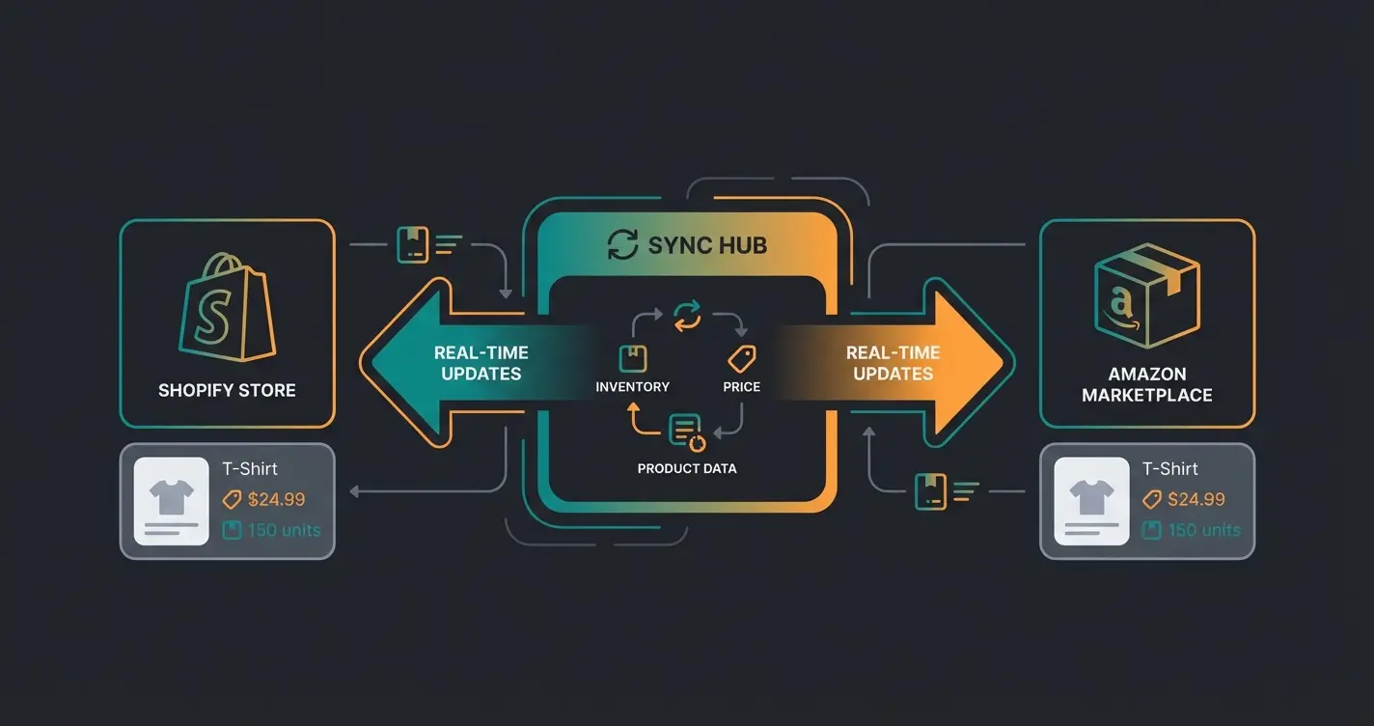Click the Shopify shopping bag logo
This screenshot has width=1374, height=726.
pos(226,307)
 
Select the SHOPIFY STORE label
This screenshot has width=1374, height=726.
pos(227,391)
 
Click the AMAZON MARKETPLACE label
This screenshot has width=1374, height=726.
pos(1146,384)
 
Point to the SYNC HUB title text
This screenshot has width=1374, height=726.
pos(707,245)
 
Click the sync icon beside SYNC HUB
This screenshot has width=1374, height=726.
pos(622,245)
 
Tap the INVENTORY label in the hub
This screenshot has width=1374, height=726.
pos(632,387)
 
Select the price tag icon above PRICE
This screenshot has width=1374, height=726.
pos(741,359)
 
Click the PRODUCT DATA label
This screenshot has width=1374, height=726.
pos(686,468)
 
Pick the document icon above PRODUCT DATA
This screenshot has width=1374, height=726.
pos(686,432)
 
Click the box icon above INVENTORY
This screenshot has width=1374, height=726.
pos(632,358)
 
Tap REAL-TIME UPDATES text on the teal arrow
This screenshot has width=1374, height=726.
pos(481,363)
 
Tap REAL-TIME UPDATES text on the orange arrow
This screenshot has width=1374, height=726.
pos(893,363)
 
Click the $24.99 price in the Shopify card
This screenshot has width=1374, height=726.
pos(276,499)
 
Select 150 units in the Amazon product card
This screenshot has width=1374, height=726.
pos(1204,530)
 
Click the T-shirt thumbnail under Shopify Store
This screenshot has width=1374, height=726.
pos(172,501)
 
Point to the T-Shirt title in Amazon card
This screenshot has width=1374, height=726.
pos(1169,469)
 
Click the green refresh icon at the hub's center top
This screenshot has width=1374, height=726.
pos(686,315)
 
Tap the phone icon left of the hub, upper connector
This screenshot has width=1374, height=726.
pos(412,244)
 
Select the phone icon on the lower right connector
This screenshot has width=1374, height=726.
pos(929,490)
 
